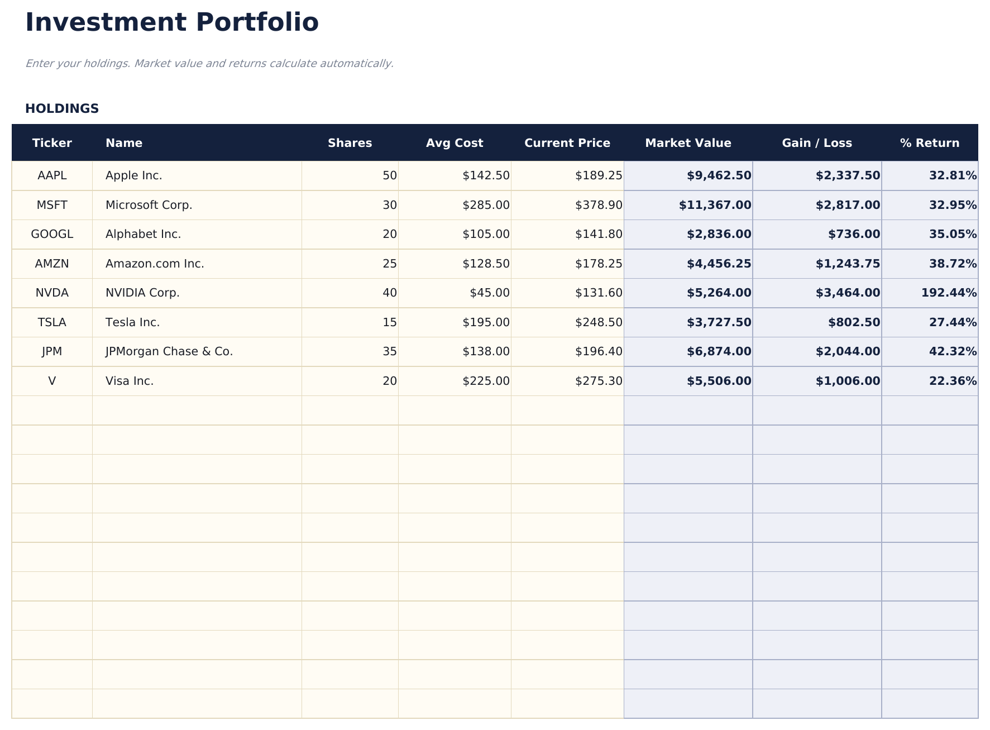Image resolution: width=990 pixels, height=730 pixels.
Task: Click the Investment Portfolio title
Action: pyautogui.click(x=172, y=23)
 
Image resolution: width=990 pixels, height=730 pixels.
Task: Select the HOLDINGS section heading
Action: pyautogui.click(x=62, y=109)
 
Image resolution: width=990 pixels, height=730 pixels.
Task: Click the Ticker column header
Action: pyautogui.click(x=52, y=143)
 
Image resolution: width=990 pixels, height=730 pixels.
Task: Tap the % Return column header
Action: pyautogui.click(x=930, y=143)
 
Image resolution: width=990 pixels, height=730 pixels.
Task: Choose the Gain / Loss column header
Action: pyautogui.click(x=817, y=143)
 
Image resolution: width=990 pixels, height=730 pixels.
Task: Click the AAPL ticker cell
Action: pyautogui.click(x=52, y=175)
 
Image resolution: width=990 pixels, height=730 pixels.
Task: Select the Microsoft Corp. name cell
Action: pyautogui.click(x=149, y=205)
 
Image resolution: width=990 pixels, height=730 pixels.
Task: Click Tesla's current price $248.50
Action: pyautogui.click(x=599, y=322)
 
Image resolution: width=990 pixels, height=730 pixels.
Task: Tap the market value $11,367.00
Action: pyautogui.click(x=715, y=205)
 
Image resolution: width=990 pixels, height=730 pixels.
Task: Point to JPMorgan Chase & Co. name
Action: pyautogui.click(x=169, y=351)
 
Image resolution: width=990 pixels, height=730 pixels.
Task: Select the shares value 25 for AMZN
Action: pyautogui.click(x=390, y=264)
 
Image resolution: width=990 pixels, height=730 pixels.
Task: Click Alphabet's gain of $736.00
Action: pyautogui.click(x=854, y=234)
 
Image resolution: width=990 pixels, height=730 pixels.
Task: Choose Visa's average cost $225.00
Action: pyautogui.click(x=486, y=381)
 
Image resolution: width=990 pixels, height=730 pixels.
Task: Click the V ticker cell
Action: pyautogui.click(x=52, y=381)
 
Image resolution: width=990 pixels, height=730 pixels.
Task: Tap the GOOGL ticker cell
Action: pyautogui.click(x=52, y=234)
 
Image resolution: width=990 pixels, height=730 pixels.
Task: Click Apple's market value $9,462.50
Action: pyautogui.click(x=719, y=175)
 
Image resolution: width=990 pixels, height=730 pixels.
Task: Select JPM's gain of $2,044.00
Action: pyautogui.click(x=848, y=351)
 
